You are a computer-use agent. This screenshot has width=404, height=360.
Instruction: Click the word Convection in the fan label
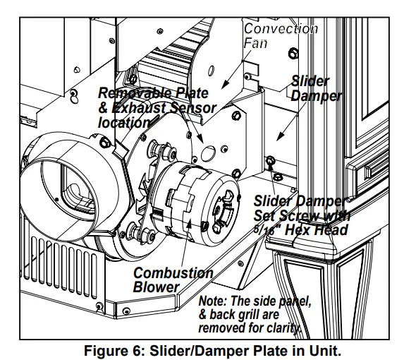[x=281, y=30]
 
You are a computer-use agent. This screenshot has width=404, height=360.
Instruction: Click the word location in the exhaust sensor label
[x=124, y=123]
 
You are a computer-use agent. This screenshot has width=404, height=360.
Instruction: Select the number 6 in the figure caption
[x=145, y=349]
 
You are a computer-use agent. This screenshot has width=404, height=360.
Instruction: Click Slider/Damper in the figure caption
[x=201, y=349]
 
